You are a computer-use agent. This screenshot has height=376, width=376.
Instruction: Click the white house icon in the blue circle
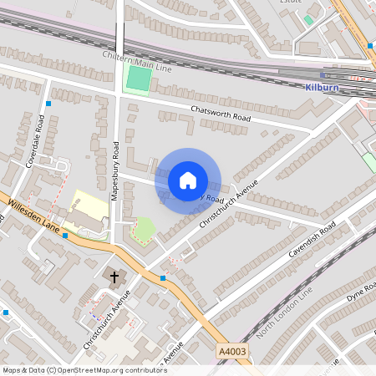tap(188, 180)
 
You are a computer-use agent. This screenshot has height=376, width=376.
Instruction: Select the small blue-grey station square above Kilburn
tap(323, 75)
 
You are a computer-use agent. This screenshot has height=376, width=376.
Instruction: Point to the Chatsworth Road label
tap(221, 114)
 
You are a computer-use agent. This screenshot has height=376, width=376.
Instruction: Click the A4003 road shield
tap(231, 353)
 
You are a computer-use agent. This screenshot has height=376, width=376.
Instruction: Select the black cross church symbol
tap(115, 275)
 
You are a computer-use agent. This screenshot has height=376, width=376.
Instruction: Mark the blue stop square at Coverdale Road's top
tap(49, 103)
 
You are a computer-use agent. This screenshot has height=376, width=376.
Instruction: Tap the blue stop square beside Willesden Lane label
tap(65, 237)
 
